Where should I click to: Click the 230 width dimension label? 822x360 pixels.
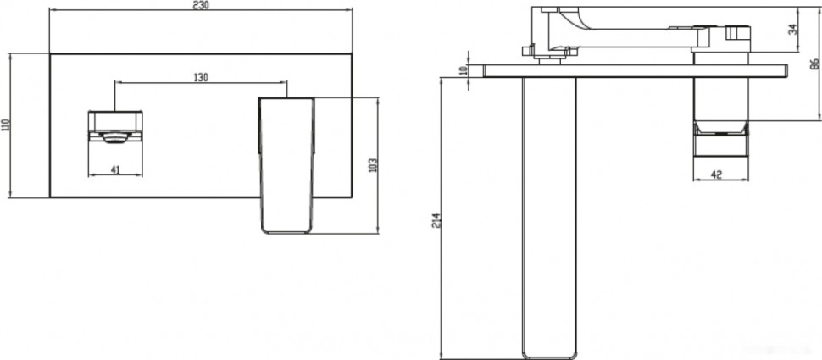click(x=201, y=5)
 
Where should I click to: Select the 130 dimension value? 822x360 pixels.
click(x=201, y=77)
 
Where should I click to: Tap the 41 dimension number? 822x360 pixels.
click(x=115, y=169)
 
